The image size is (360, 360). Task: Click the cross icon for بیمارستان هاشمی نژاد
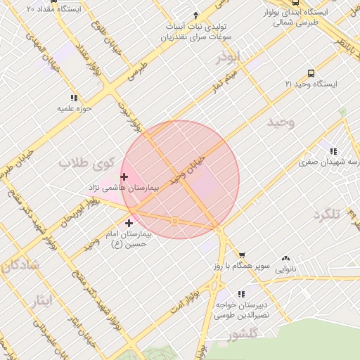click(x=124, y=176)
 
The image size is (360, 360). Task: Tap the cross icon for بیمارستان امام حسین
click(x=128, y=222)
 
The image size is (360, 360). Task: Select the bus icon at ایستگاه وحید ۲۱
click(x=311, y=73)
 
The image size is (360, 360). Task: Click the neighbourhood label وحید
click(x=281, y=122)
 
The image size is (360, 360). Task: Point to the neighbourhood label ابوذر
click(x=229, y=56)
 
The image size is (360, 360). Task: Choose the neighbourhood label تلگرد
click(x=327, y=214)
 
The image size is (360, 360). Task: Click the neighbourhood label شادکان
click(x=17, y=266)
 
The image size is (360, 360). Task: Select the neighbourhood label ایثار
click(x=42, y=302)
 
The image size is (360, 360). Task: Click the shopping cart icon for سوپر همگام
click(x=242, y=255)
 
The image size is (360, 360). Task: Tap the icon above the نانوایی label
click(x=285, y=259)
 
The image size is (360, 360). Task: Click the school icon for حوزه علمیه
click(x=74, y=98)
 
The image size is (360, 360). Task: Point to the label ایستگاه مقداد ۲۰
click(x=53, y=9)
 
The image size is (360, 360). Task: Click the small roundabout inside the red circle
click(x=174, y=221)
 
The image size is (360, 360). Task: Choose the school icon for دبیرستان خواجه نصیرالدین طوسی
click(x=241, y=294)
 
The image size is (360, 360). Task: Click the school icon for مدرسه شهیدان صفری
click(x=333, y=150)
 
